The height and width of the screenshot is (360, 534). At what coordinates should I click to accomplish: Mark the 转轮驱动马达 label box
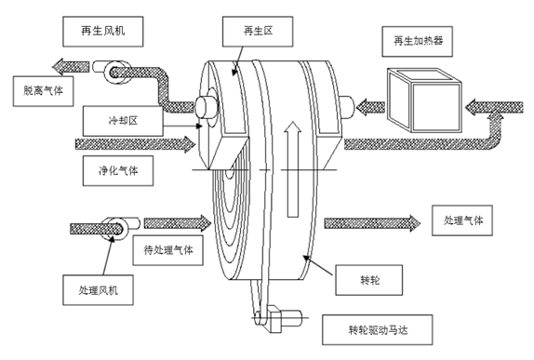[370, 327]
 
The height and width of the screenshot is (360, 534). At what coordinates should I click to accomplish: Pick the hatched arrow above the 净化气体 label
[136, 145]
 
